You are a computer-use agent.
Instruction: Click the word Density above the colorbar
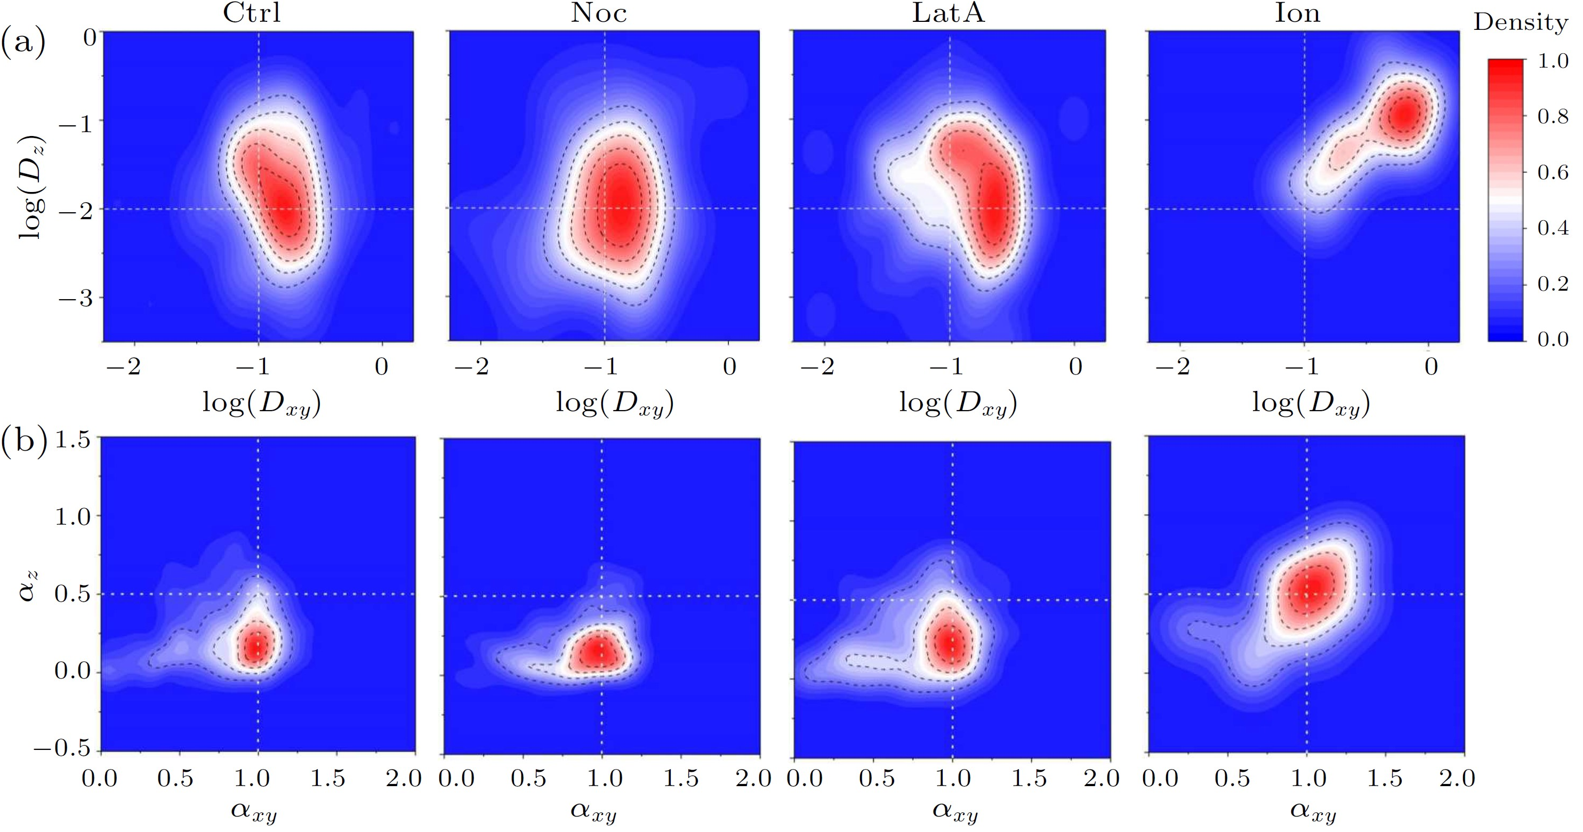coord(1520,23)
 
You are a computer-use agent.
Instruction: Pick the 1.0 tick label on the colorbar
coord(1552,61)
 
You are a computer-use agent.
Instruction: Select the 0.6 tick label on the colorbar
coord(1552,173)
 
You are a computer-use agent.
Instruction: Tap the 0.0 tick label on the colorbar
coord(1552,339)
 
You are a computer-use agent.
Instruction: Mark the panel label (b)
coord(23,441)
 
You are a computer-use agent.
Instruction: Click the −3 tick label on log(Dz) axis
coord(76,299)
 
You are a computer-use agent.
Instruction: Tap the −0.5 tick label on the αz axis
coord(61,748)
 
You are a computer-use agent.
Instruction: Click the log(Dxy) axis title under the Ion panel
coord(1311,404)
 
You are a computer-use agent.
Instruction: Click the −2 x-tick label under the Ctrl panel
coord(124,367)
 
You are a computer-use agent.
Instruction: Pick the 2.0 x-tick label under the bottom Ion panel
coord(1457,779)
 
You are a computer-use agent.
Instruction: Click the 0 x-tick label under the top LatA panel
coord(1075,367)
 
